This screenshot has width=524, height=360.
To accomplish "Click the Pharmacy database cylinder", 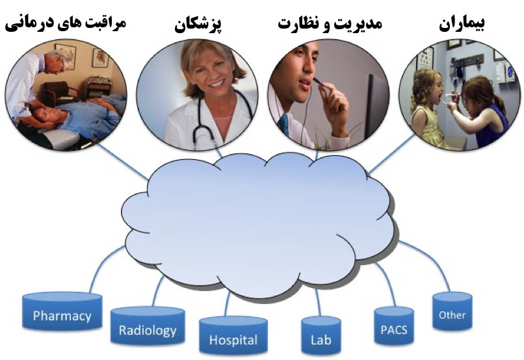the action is [x=62, y=311].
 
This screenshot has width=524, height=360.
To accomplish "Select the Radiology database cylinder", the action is [x=148, y=326].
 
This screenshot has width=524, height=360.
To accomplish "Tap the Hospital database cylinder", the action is [x=233, y=336].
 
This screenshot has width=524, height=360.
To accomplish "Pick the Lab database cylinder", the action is [x=321, y=336].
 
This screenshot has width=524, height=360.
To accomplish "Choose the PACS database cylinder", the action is [x=394, y=326].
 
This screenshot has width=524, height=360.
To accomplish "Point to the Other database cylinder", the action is [x=452, y=311].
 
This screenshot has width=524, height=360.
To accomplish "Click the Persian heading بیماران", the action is [x=462, y=24].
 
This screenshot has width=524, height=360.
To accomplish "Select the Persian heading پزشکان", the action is [x=198, y=25].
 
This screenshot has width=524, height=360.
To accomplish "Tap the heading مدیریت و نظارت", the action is [x=330, y=24].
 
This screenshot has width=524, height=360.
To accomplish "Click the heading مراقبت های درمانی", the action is [x=66, y=24].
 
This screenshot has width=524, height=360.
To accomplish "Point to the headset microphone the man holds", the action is [x=320, y=83].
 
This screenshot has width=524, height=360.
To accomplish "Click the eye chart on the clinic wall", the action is [x=426, y=58].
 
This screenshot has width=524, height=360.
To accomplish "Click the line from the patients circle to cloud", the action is [x=391, y=154].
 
